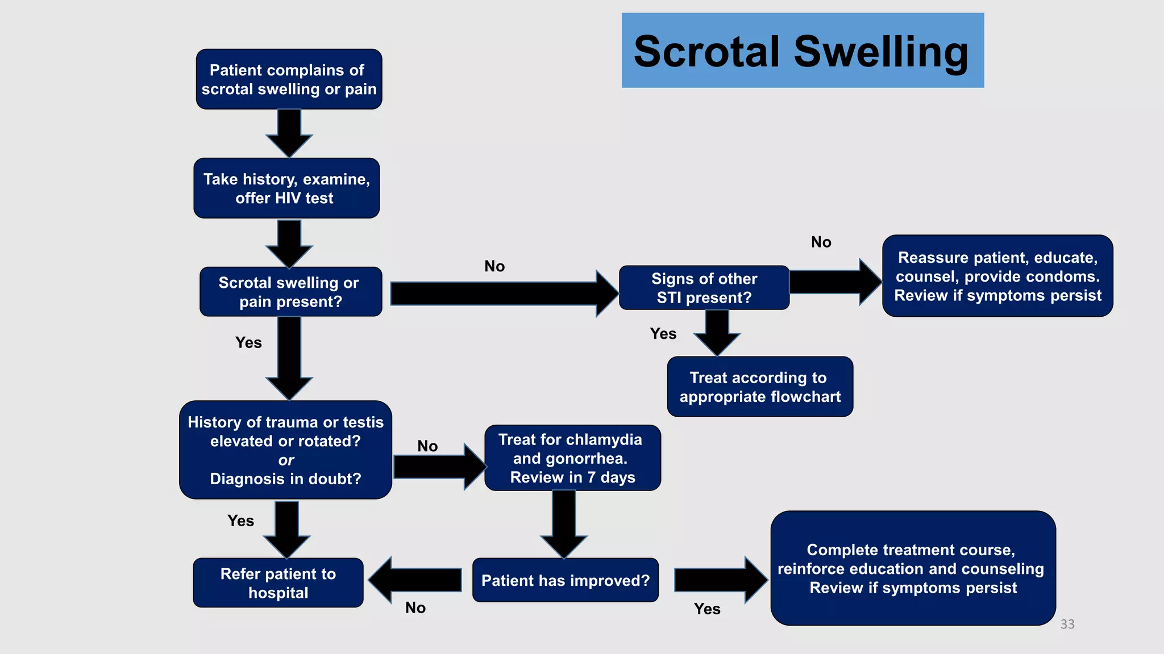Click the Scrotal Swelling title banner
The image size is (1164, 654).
[x=803, y=51]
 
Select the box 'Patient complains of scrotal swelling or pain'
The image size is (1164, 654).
[x=289, y=79]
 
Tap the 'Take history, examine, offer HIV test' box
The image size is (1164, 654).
[x=286, y=188]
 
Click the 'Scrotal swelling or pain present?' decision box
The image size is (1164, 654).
[x=290, y=292]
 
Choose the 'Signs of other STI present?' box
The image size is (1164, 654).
[x=704, y=288]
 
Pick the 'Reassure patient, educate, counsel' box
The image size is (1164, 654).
[x=997, y=276]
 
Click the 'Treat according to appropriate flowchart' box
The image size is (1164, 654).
[x=759, y=387]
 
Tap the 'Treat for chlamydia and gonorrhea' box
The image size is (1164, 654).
[x=572, y=458]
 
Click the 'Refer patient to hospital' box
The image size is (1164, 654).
[x=278, y=583]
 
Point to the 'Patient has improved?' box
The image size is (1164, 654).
[x=565, y=580]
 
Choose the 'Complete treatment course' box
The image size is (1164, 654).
[x=912, y=568]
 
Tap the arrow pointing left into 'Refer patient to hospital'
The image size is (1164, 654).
[x=415, y=580]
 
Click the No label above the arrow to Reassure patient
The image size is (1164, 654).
[x=821, y=242]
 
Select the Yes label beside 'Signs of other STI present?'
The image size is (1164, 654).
[x=663, y=334]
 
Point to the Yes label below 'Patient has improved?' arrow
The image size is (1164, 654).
[x=706, y=609]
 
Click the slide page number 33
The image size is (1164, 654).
[x=1067, y=624]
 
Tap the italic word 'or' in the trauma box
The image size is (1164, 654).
[x=286, y=460]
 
